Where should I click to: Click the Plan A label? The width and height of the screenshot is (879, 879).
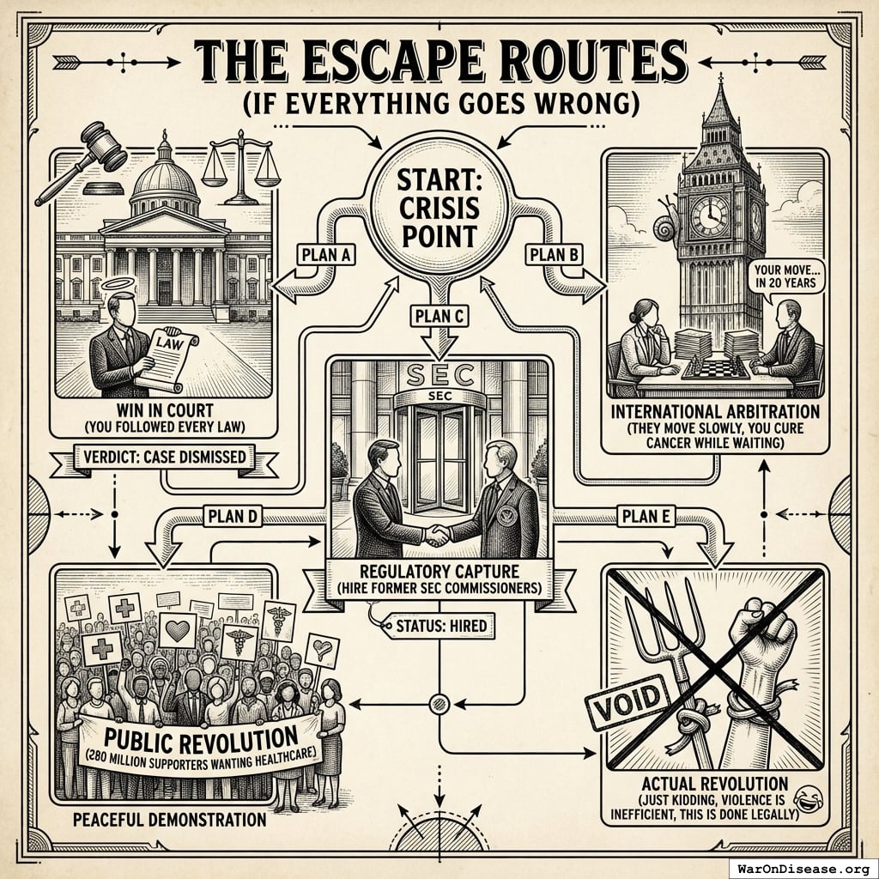click(x=325, y=255)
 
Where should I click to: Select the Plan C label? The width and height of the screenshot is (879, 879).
click(x=439, y=317)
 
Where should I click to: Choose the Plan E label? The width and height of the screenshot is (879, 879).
click(x=646, y=516)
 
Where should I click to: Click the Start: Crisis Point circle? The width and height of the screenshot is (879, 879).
click(x=439, y=209)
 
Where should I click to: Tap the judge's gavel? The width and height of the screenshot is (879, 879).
click(x=82, y=162)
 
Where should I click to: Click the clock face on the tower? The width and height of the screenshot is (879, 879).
click(x=710, y=215)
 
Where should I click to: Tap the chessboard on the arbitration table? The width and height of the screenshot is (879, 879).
click(x=716, y=369)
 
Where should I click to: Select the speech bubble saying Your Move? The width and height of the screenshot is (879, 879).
click(x=785, y=276)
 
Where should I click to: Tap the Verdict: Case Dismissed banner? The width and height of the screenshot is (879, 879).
click(x=164, y=457)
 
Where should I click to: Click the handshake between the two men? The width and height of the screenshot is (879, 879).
click(x=436, y=536)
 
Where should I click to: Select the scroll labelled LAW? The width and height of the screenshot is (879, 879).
click(x=166, y=359)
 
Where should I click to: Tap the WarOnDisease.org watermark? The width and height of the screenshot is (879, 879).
click(x=803, y=869)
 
